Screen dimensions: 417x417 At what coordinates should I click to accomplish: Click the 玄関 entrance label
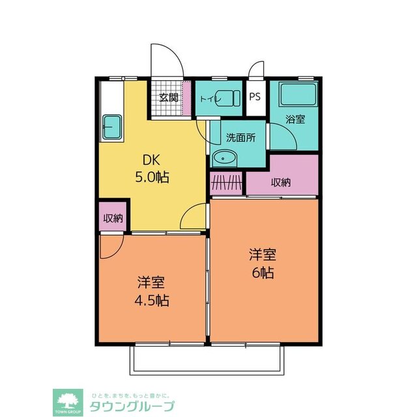pyautogui.click(x=168, y=98)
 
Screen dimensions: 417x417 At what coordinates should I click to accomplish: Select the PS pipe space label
pyautogui.click(x=255, y=97)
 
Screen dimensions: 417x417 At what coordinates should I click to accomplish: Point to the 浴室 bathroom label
pyautogui.click(x=295, y=119)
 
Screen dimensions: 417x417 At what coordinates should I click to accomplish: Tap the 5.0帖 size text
pyautogui.click(x=151, y=177)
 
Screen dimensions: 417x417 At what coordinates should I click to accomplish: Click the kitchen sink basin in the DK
pyautogui.click(x=113, y=126)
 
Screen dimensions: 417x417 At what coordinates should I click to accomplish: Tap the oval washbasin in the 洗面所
pyautogui.click(x=226, y=158)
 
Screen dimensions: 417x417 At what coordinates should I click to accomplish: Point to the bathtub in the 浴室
pyautogui.click(x=297, y=96)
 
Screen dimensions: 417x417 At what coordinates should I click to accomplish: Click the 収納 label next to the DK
pyautogui.click(x=113, y=218)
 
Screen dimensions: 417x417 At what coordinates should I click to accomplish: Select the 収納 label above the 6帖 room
pyautogui.click(x=282, y=182)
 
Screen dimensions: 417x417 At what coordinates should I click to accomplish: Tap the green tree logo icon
pyautogui.click(x=66, y=400)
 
